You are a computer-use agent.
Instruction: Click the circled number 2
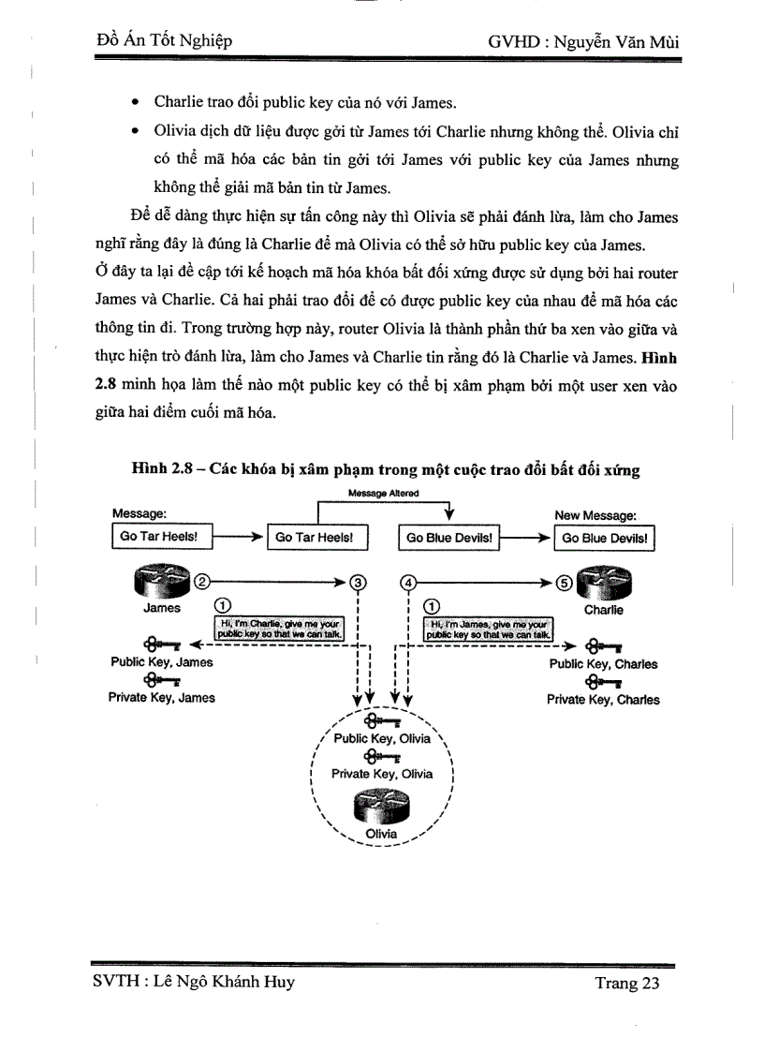tap(201, 581)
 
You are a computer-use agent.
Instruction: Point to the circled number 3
tap(357, 582)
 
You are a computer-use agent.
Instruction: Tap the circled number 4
tap(407, 582)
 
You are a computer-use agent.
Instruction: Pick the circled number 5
tap(563, 582)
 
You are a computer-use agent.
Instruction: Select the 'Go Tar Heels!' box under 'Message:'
tap(161, 538)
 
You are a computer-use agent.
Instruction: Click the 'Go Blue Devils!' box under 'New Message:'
tap(608, 539)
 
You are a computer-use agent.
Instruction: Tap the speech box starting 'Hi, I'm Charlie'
tap(281, 628)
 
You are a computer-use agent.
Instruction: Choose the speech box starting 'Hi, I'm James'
tap(489, 628)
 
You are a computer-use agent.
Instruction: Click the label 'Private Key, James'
tap(162, 698)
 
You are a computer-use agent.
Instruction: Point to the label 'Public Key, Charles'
tap(603, 664)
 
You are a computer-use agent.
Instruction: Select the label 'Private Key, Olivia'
tap(382, 774)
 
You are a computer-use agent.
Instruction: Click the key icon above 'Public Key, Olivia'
tap(382, 721)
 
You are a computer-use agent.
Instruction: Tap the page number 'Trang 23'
tap(626, 983)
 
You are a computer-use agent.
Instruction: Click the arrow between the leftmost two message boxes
tap(240, 538)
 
